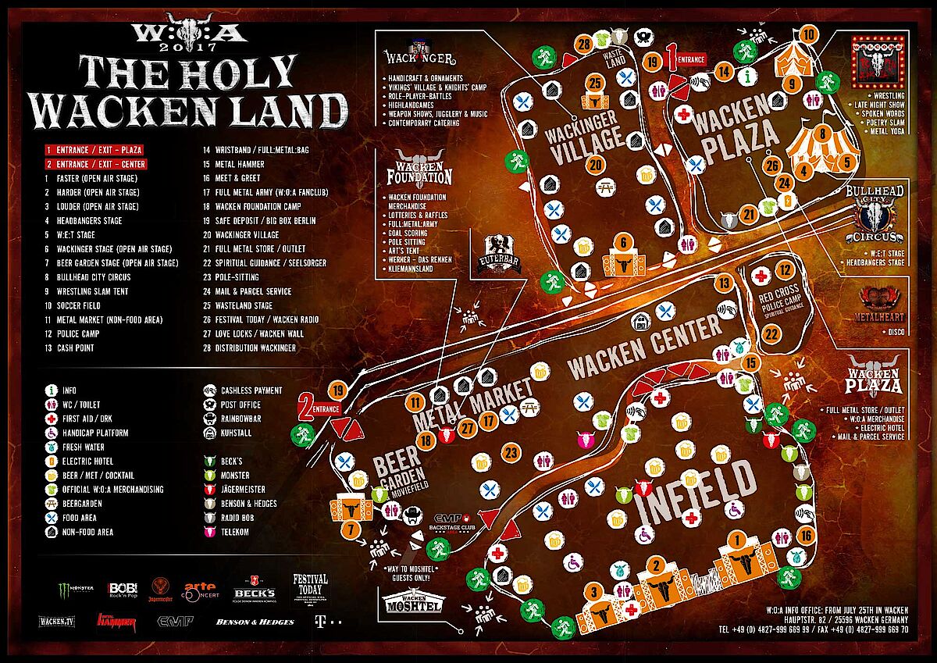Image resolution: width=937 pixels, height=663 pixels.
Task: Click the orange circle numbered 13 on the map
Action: [725, 283]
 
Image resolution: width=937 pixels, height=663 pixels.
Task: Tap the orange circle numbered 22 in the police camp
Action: [771, 333]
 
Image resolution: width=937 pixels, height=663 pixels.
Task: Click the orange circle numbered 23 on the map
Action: [512, 452]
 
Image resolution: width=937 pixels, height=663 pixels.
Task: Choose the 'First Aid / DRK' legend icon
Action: [51, 419]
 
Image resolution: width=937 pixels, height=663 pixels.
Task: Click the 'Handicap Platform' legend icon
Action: [51, 433]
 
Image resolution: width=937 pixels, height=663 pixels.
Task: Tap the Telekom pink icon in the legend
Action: [208, 532]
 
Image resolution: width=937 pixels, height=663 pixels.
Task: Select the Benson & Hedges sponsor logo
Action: [255, 622]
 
